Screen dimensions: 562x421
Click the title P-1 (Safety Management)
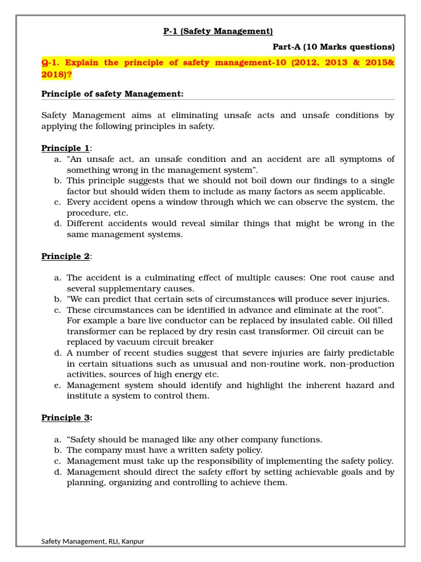pyautogui.click(x=218, y=31)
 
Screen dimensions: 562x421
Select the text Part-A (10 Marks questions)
pyautogui.click(x=333, y=47)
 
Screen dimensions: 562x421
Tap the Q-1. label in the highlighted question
pyautogui.click(x=53, y=63)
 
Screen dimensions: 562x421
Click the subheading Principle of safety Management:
pyautogui.click(x=112, y=94)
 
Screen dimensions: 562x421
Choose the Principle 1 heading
pyautogui.click(x=66, y=148)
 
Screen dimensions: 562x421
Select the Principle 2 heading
pyautogui.click(x=66, y=256)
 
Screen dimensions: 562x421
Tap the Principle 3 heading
pyautogui.click(x=66, y=418)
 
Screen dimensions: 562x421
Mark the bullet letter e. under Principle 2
pyautogui.click(x=57, y=385)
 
